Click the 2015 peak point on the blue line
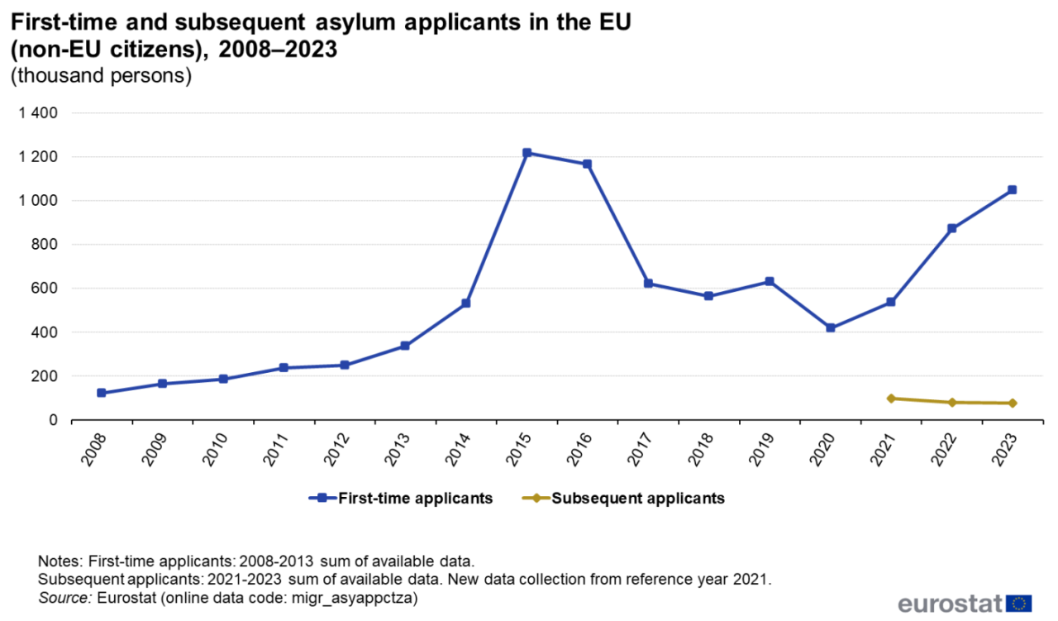pos(527,153)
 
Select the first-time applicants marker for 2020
pos(830,328)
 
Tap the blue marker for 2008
pos(102,393)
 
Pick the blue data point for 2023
pos(1012,190)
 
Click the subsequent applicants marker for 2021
pos(891,399)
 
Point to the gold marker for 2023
pos(1012,404)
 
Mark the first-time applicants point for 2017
pos(648,284)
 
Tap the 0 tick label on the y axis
pos(52,420)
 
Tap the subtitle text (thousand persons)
pos(101,76)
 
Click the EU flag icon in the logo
pos(1021,603)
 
